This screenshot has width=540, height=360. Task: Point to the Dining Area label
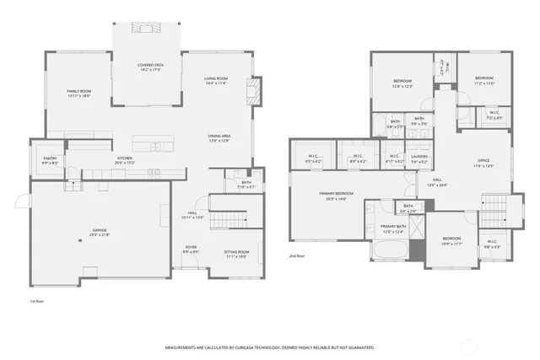point(219,137)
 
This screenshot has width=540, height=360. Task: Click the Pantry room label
point(50,158)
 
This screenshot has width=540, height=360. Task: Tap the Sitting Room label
point(235,252)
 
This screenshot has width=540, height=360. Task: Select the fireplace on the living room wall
point(251,91)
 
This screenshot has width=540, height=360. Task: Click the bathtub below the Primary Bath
point(387,250)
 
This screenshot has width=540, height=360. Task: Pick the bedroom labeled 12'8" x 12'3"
point(402,81)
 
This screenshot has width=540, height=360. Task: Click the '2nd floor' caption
point(297,255)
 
